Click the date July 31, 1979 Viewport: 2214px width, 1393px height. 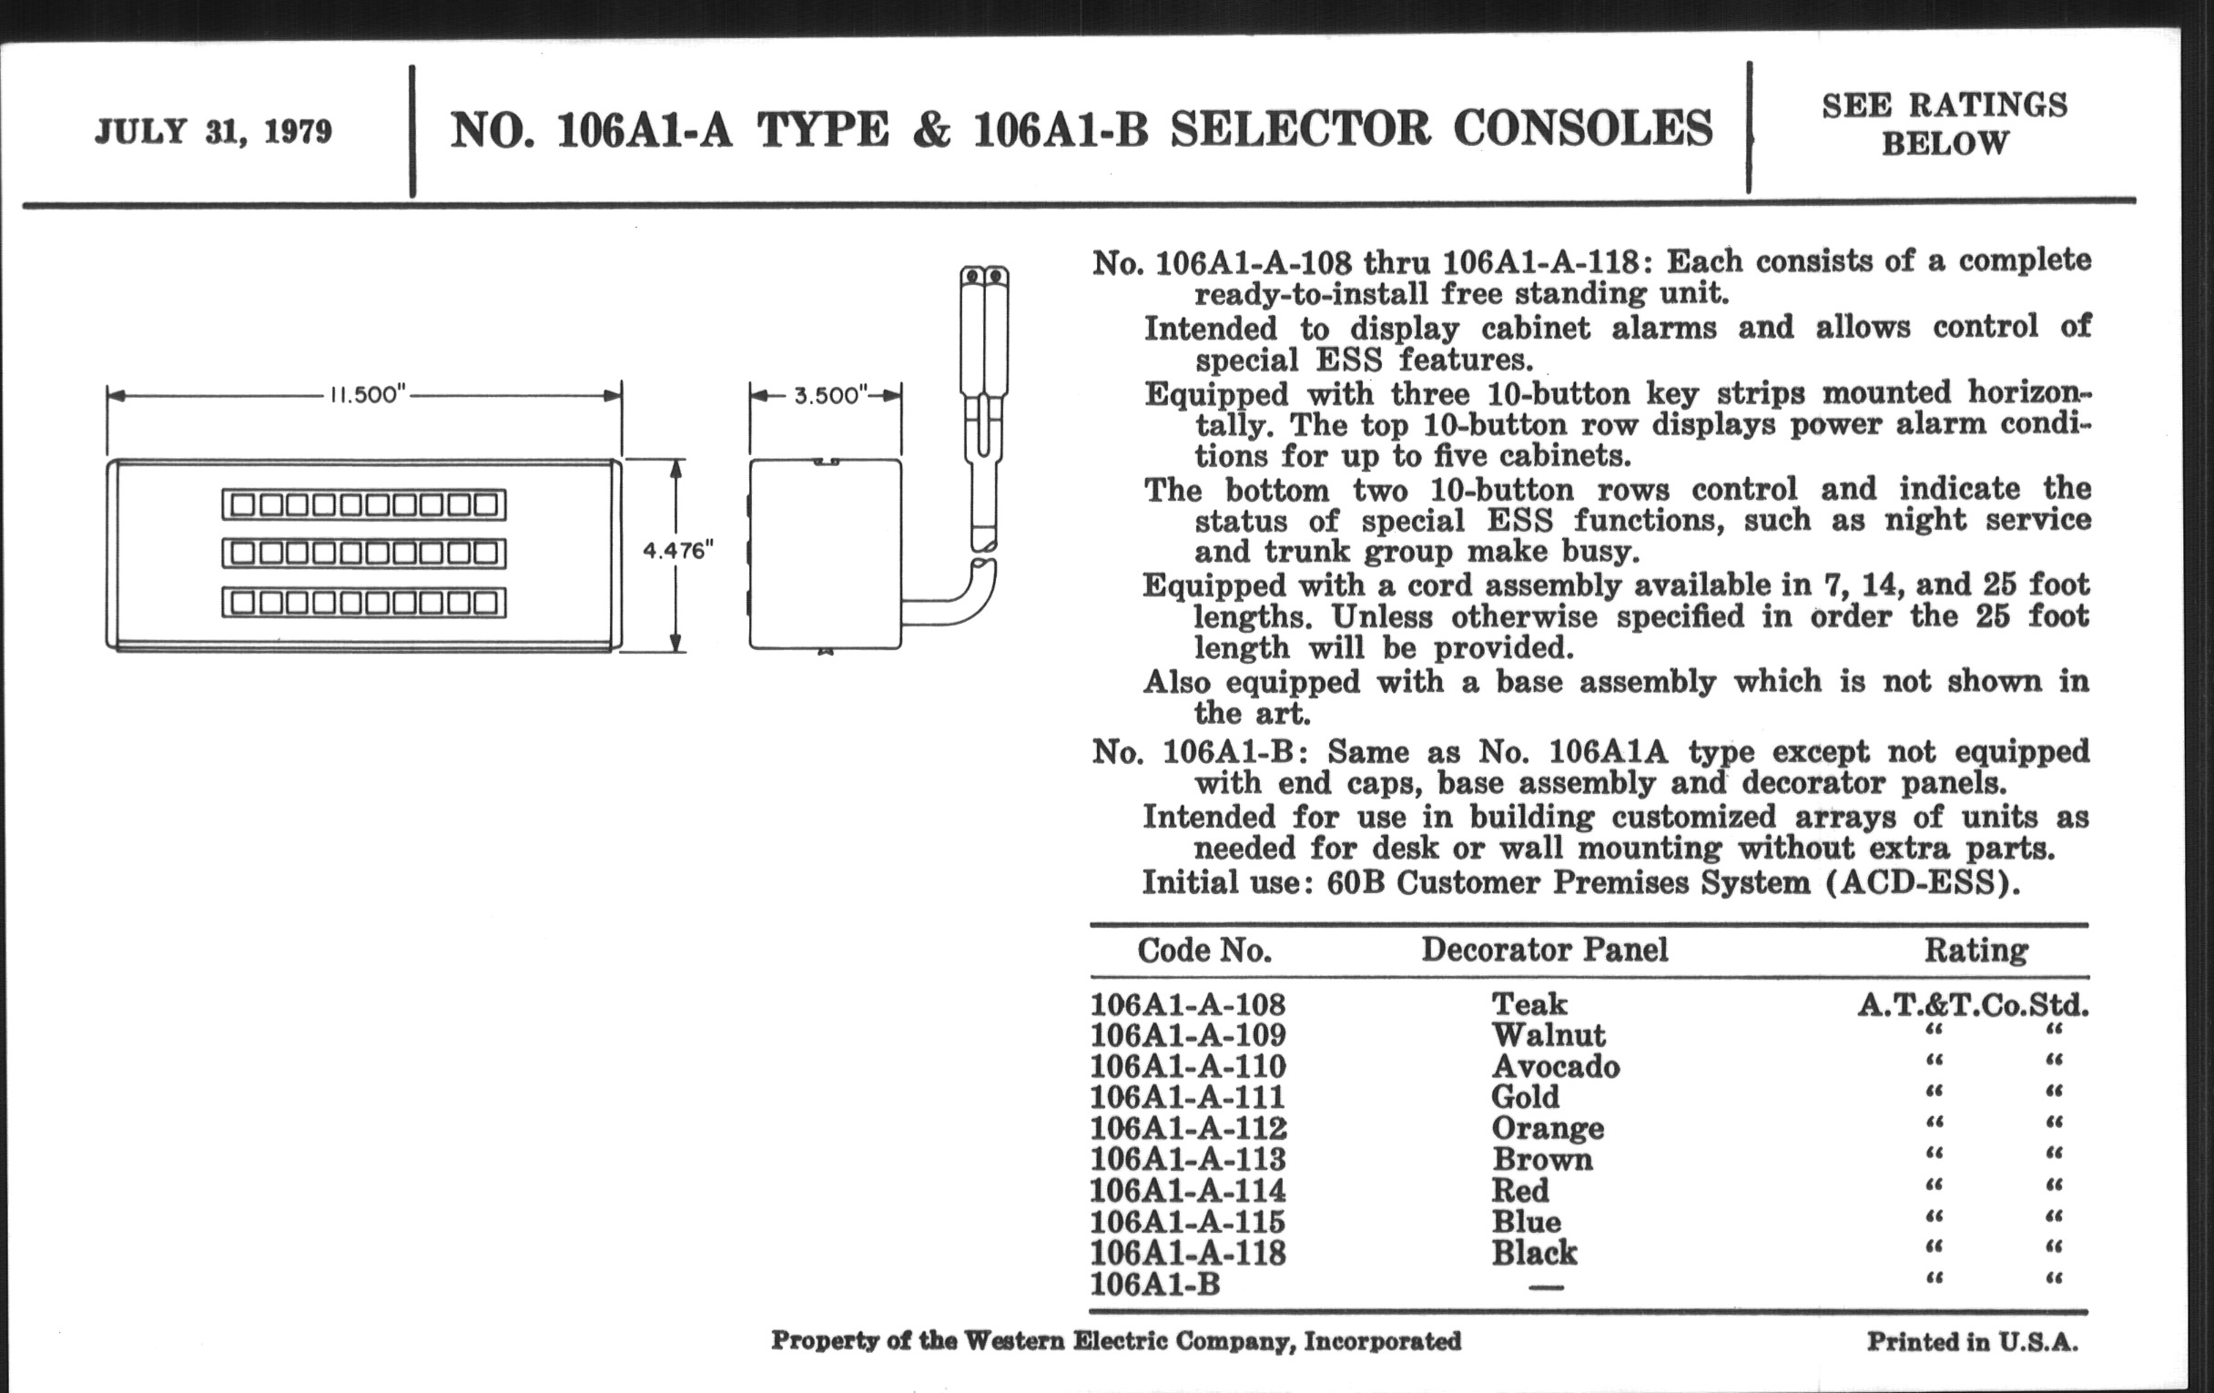click(212, 131)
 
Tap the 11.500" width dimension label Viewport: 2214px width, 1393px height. click(367, 395)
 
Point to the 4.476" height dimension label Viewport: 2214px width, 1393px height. click(677, 551)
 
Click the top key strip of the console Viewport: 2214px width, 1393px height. click(364, 504)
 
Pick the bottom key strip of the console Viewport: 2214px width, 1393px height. click(364, 603)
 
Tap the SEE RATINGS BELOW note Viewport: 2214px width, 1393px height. click(1944, 124)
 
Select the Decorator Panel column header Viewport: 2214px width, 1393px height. click(1544, 950)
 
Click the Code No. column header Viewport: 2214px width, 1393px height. click(1204, 950)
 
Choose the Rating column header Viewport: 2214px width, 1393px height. click(1975, 950)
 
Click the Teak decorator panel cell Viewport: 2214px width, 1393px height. click(1529, 1003)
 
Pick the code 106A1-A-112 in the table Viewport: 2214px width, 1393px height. click(1188, 1128)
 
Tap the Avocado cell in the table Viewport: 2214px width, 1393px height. click(1555, 1066)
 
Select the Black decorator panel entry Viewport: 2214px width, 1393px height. click(1534, 1252)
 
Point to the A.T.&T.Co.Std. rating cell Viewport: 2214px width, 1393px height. click(1973, 1005)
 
